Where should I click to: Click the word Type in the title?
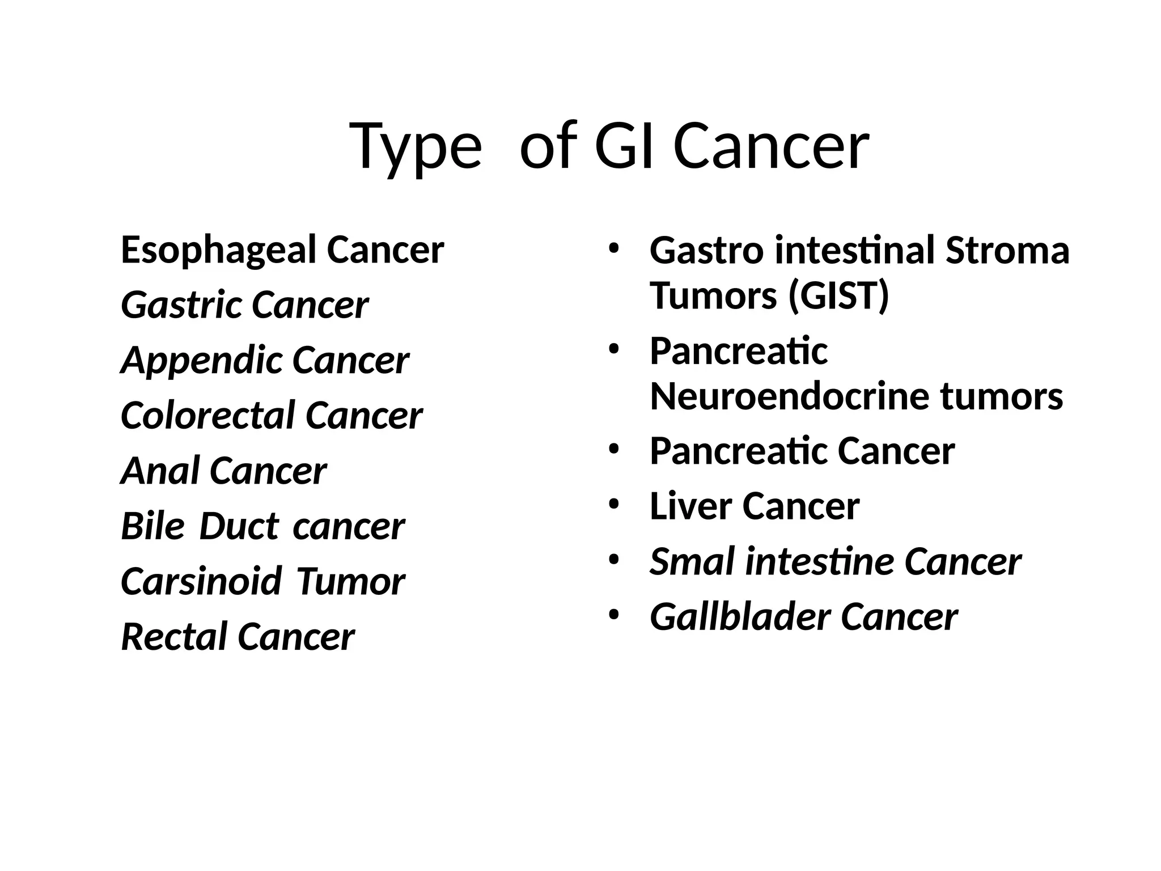[416, 146]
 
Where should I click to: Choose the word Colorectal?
[207, 415]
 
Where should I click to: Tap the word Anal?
[159, 471]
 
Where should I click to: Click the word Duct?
[239, 526]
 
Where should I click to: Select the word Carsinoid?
[201, 581]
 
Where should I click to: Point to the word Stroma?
[1007, 250]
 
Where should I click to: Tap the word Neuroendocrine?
[789, 396]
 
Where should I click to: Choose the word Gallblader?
[739, 617]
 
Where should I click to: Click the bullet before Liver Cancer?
[613, 504]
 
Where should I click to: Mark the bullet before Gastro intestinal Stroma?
[613, 248]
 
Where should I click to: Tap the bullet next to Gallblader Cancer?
[613, 615]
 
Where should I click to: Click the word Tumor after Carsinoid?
[350, 581]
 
